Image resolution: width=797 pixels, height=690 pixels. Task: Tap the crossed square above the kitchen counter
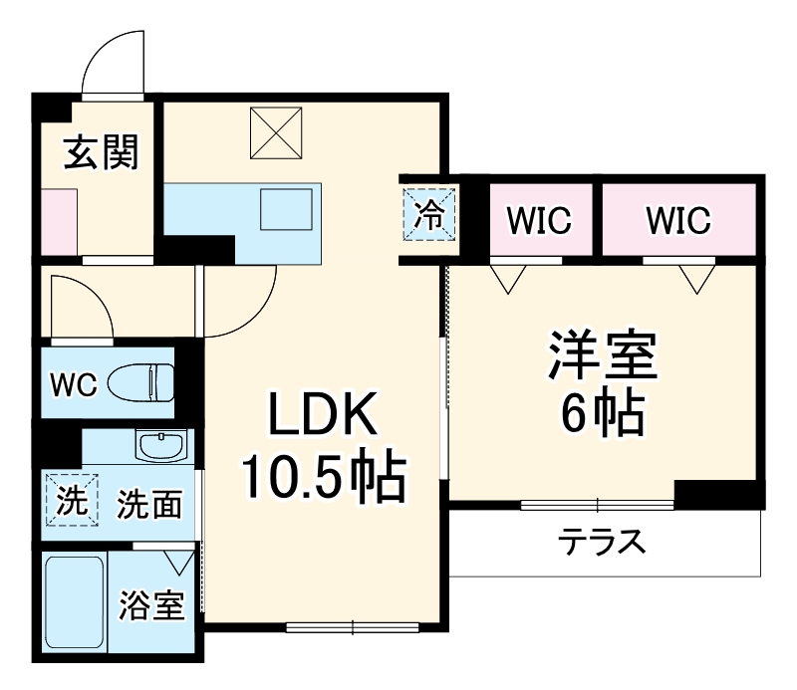click(274, 132)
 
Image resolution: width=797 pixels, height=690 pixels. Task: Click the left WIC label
click(540, 220)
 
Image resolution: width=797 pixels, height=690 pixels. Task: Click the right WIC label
click(677, 220)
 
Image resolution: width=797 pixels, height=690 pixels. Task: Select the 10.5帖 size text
click(322, 481)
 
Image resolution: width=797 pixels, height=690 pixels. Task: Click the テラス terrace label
click(601, 544)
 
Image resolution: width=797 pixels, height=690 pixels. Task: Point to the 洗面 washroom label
click(149, 506)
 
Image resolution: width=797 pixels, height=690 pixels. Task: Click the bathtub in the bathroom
click(74, 603)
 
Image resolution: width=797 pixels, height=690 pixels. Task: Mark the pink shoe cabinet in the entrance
click(58, 223)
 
